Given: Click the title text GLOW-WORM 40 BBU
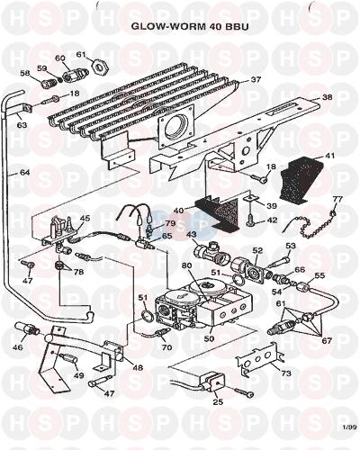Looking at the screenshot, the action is [x=190, y=26].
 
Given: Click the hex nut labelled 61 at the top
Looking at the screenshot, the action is [x=99, y=65].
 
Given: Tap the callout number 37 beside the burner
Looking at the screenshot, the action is [x=256, y=79].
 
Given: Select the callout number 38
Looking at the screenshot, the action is [x=327, y=97].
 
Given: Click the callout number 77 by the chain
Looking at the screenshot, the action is [x=338, y=199].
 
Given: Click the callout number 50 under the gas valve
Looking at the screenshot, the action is [x=210, y=338].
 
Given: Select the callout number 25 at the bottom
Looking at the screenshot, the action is [x=218, y=401].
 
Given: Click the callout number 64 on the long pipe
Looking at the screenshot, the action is [x=24, y=173].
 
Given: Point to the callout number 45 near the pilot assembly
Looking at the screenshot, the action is [x=85, y=218].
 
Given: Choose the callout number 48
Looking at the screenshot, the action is [x=137, y=367].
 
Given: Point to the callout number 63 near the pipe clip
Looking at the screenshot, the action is [x=22, y=124].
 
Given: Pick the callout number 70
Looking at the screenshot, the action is [x=166, y=347].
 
